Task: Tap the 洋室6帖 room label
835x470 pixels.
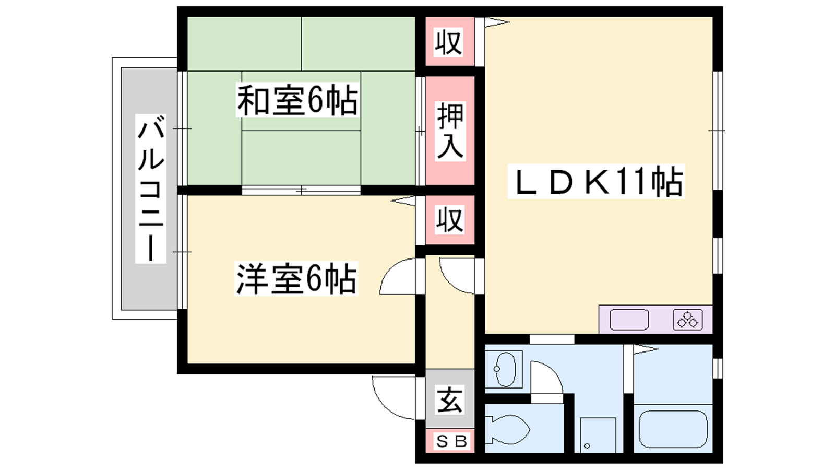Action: point(296,279)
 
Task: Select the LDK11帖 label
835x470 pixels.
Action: point(596,181)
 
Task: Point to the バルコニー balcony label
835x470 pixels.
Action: point(151,189)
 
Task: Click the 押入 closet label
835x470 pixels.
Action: point(450,131)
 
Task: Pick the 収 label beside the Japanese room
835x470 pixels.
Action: point(449,42)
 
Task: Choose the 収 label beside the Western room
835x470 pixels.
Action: point(450,219)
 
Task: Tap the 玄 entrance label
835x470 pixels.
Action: point(450,399)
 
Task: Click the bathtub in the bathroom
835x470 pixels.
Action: point(673,429)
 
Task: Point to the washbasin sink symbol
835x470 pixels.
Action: point(504,369)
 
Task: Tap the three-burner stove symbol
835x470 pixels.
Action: point(687,320)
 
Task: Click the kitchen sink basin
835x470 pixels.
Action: point(629,320)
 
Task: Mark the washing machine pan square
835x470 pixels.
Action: point(598,435)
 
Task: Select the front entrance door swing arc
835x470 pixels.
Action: point(384,407)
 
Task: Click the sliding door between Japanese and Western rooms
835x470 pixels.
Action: point(301,190)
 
